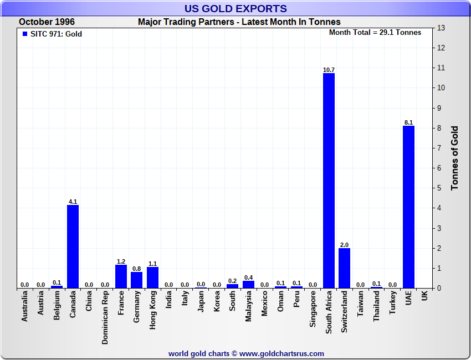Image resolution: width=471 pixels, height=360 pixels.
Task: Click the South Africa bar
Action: [x=329, y=181]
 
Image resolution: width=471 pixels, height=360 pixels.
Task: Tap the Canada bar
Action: [x=73, y=246]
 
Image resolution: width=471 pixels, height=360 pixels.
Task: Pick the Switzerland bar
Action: [x=345, y=268]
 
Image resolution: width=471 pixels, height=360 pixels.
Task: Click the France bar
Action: [x=121, y=276]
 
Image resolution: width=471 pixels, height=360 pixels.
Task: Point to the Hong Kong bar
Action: [x=153, y=277]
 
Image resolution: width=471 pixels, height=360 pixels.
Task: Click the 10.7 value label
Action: [x=329, y=70]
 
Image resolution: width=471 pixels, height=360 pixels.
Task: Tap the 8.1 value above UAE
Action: [x=408, y=122]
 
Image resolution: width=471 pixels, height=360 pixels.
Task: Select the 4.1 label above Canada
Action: [x=73, y=202]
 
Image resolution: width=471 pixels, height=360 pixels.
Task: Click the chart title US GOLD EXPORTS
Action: [x=235, y=8]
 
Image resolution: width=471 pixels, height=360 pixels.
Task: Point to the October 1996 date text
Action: [x=47, y=22]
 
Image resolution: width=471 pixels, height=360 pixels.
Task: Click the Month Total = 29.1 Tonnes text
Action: [x=375, y=32]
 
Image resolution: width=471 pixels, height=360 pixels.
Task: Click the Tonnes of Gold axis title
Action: [x=454, y=158]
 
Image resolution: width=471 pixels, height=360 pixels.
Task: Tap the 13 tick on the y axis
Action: [x=441, y=28]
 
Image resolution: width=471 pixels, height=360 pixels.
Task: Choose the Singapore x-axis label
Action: [x=313, y=311]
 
